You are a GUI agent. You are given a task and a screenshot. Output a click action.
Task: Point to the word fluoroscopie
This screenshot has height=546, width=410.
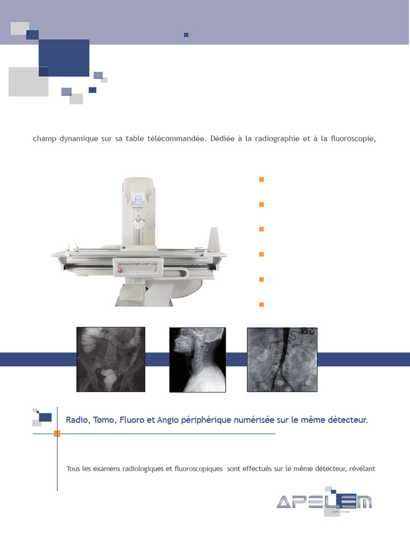350,139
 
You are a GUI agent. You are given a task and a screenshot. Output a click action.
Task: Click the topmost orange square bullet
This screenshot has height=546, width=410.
262,179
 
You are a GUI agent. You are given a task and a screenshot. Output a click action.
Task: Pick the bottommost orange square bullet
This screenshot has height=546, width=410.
262,304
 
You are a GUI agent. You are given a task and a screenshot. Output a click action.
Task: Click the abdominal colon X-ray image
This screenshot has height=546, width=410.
111,359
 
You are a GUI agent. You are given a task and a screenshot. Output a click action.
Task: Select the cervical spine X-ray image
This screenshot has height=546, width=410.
198,360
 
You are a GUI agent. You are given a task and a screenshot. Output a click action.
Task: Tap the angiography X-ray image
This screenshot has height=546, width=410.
282,359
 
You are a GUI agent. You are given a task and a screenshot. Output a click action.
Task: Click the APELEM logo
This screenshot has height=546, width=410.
324,502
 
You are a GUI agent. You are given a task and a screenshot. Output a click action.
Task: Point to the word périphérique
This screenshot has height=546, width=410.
205,420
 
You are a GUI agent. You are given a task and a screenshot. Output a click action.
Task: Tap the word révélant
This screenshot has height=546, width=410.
363,469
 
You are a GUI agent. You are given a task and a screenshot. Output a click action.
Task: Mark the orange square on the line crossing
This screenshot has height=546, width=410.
57,434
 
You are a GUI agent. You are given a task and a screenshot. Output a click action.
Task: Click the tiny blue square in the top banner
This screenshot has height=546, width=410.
186,35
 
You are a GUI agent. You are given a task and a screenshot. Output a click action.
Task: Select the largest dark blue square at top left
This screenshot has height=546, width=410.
64,58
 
